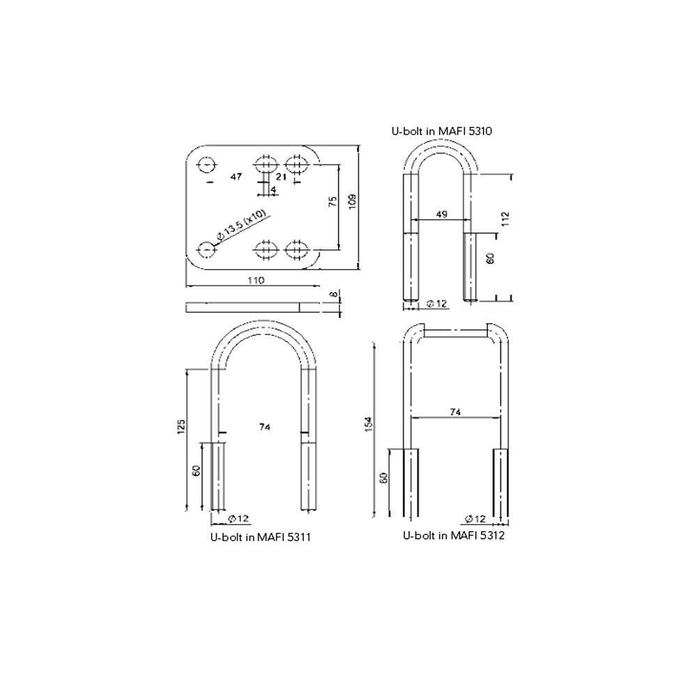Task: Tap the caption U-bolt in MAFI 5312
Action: pos(454,535)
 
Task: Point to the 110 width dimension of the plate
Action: pos(255,280)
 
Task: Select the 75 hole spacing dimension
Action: pos(333,202)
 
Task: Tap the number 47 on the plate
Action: pos(236,177)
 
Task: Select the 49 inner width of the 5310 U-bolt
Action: pos(441,215)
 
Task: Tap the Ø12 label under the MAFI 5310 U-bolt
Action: pos(436,303)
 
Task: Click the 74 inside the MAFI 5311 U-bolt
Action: pos(264,426)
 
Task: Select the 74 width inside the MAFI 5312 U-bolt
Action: pos(454,412)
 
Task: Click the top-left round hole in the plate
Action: pos(206,164)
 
